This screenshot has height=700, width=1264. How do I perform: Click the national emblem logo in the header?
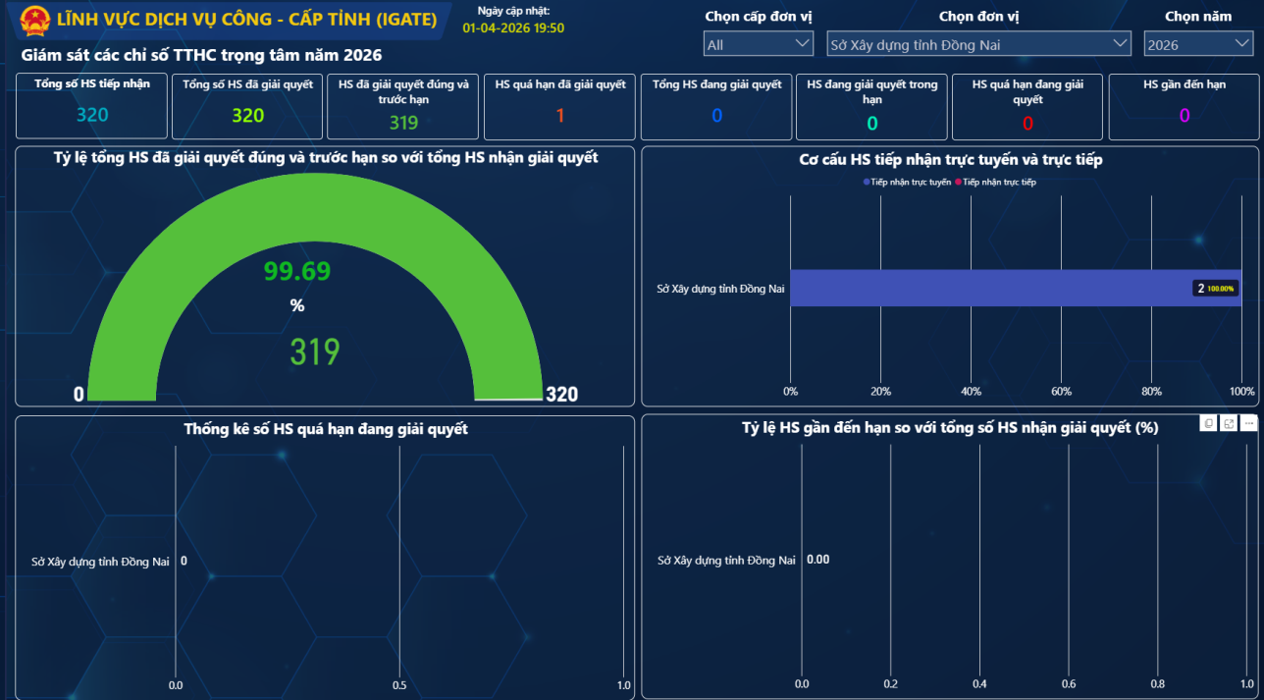34,19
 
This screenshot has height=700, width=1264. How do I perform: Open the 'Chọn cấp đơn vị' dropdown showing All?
758,44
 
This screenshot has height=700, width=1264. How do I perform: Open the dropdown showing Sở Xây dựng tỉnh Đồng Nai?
978,44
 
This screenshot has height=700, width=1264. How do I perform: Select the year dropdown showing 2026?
1197,44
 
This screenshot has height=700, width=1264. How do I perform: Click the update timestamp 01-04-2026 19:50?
513,27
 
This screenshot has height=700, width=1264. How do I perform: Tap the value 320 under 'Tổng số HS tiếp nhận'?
92,115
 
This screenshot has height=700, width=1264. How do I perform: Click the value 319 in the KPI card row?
403,122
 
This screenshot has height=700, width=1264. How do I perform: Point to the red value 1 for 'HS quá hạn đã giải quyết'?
560,115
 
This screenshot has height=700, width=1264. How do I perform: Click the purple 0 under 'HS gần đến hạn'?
1185,115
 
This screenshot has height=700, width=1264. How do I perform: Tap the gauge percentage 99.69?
297,272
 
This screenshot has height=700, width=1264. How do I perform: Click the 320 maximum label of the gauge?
561,395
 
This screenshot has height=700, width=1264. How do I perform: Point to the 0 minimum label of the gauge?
79,395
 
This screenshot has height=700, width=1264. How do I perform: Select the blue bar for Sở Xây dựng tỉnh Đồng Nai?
981,288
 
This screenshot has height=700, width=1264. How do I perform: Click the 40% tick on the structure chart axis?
971,392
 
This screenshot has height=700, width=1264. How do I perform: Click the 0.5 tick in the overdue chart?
399,685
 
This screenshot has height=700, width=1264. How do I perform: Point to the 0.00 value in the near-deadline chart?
817,560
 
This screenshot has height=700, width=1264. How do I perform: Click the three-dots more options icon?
1248,423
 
